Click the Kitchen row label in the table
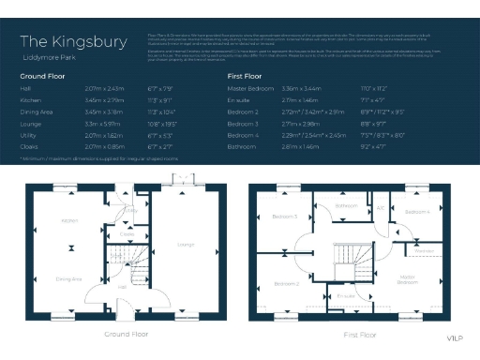coord(31,97)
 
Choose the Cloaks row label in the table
coord(30,146)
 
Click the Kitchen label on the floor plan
coord(68,221)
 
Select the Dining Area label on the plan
coord(69,278)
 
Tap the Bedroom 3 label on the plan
coord(285,217)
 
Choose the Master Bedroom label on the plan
coord(407,278)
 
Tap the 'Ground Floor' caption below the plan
coord(125,334)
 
